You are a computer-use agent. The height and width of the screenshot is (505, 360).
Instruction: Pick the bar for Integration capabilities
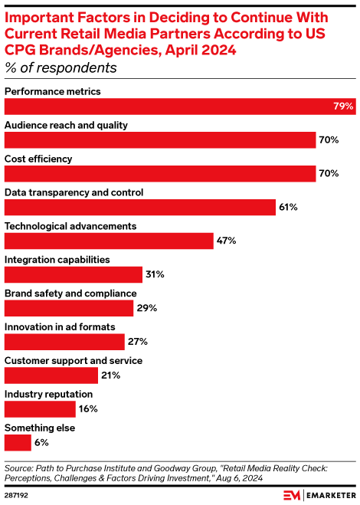click(74, 274)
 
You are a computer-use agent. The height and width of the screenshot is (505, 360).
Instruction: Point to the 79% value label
click(343, 106)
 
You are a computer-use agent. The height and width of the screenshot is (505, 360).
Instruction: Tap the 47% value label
click(226, 241)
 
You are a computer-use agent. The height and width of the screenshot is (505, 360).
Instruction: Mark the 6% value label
click(43, 442)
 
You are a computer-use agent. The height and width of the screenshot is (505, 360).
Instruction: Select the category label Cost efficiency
click(38, 159)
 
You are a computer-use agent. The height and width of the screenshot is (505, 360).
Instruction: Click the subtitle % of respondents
click(61, 68)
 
